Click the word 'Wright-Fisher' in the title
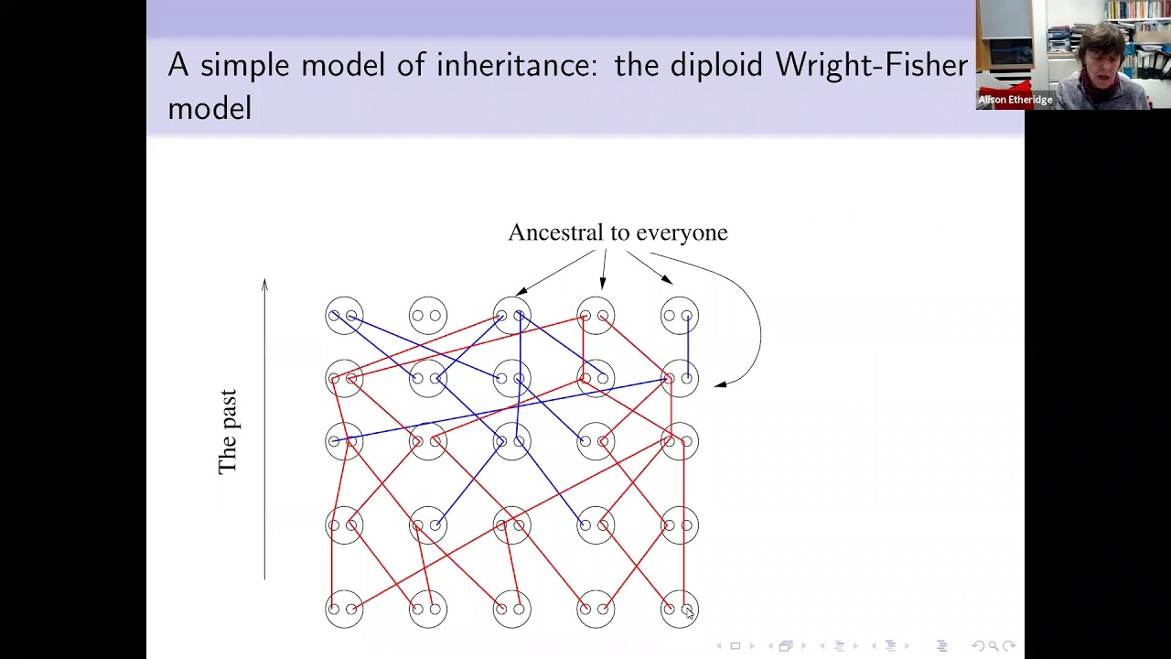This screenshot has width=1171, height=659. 871,65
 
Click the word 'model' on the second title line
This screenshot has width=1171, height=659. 209,108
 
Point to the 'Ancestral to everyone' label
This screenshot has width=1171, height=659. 618,232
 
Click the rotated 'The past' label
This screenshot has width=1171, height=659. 228,432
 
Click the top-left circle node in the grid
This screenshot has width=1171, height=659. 344,316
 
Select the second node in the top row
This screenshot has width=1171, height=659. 428,316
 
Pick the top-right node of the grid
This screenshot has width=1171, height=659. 679,316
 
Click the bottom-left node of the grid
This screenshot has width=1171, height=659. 344,609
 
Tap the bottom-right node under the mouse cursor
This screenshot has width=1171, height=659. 679,609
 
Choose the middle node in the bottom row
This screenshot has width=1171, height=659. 511,609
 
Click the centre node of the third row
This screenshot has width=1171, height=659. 511,442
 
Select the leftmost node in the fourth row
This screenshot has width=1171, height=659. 344,524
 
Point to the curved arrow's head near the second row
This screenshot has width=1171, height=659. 720,384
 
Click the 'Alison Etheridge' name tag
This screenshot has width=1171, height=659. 1015,99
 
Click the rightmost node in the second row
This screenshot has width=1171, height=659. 679,378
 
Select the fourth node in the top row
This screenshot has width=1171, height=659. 596,316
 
